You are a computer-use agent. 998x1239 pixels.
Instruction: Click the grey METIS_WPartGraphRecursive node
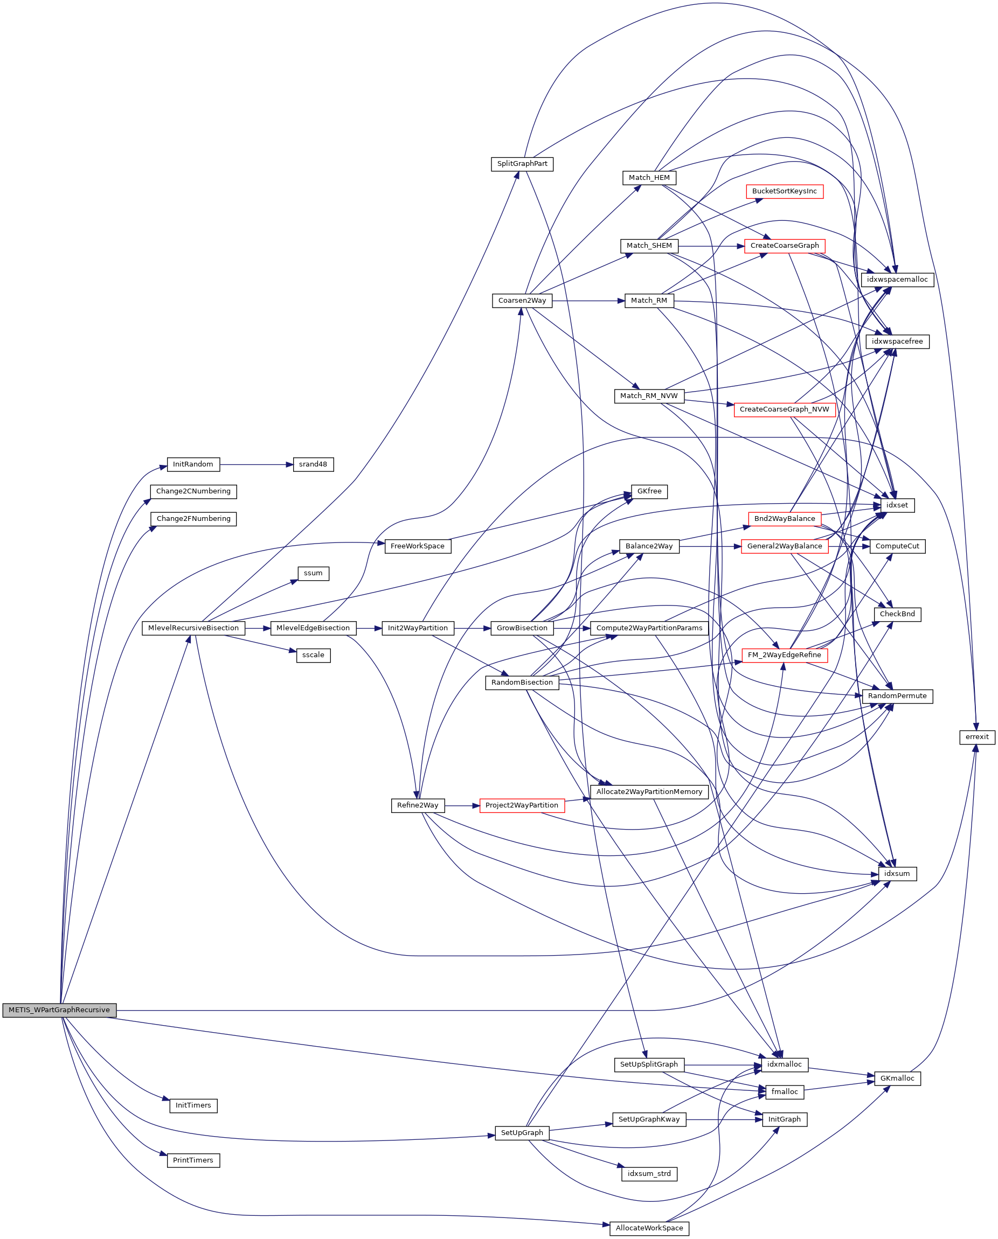click(59, 1010)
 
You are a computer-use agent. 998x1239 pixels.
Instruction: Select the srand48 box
click(313, 464)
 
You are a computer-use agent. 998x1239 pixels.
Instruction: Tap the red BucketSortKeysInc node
click(784, 191)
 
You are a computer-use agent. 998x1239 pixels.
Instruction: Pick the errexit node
click(977, 737)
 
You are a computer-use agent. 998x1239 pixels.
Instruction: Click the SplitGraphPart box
click(522, 164)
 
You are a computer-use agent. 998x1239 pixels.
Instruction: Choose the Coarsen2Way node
click(522, 301)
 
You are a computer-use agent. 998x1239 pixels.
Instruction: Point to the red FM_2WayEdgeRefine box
click(784, 655)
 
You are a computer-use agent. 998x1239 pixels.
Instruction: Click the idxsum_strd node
click(649, 1173)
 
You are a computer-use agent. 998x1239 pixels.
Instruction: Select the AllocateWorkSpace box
click(649, 1228)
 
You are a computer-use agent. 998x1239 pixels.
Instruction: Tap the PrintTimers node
click(193, 1160)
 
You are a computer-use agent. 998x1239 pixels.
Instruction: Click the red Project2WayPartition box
click(522, 805)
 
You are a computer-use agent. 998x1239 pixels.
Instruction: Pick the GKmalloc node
click(897, 1078)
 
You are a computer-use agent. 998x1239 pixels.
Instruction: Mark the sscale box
click(313, 655)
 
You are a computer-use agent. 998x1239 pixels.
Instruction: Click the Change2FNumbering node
click(193, 518)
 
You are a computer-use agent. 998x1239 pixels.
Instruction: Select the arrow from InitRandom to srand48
click(256, 464)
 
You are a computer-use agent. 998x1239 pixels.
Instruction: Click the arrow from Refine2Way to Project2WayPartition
click(462, 806)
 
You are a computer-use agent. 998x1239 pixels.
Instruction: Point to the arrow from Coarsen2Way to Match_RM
click(588, 301)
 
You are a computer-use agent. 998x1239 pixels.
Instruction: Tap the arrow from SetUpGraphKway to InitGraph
click(724, 1119)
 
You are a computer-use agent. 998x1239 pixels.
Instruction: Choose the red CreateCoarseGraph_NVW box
click(784, 409)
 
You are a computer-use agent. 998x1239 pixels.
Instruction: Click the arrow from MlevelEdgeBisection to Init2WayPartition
click(369, 628)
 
